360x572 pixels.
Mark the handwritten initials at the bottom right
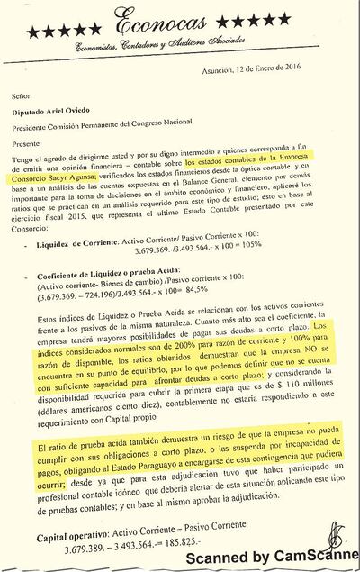(x=334, y=537)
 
